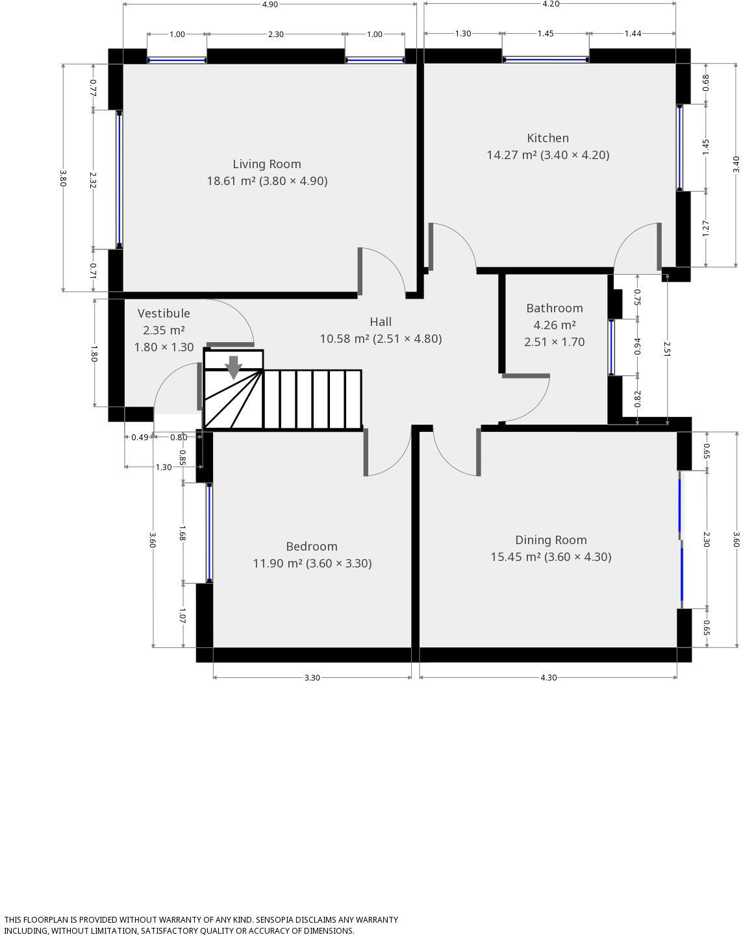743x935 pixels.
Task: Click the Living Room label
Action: [266, 164]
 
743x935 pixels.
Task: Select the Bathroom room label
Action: [554, 308]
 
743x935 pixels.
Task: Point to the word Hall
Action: [381, 322]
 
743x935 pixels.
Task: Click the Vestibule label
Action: [164, 314]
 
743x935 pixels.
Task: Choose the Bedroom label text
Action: [312, 547]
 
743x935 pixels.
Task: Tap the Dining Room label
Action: [551, 540]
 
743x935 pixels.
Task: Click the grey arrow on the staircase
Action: [233, 368]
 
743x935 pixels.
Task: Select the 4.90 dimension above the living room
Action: [270, 5]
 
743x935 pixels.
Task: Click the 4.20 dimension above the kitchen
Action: [550, 4]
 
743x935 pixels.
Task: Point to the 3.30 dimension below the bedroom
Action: [312, 678]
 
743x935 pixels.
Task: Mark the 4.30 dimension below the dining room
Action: [548, 678]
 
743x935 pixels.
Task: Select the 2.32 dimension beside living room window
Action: [93, 180]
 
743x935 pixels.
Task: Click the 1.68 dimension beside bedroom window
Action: [183, 533]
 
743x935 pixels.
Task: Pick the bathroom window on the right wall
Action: [611, 347]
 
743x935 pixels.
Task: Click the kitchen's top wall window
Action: [546, 60]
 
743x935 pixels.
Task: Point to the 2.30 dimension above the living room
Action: [275, 34]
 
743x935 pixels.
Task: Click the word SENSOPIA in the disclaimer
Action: [279, 920]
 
